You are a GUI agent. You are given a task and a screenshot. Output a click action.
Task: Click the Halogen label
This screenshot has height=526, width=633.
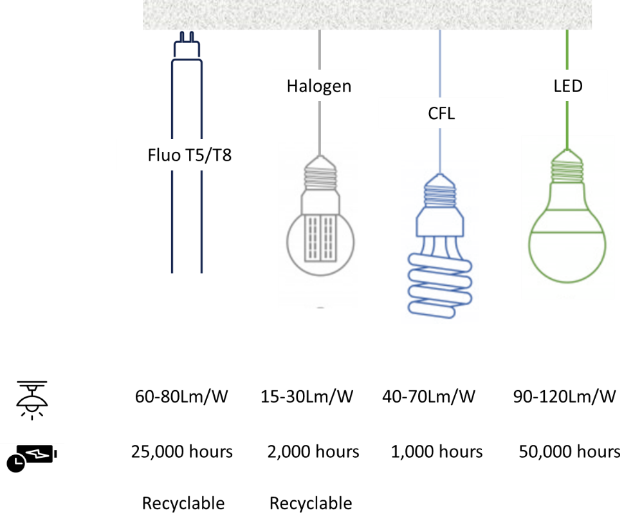[319, 86]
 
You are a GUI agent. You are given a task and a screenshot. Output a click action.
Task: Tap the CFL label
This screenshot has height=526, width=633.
[441, 113]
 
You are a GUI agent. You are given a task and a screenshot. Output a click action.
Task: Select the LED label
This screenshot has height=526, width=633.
[567, 86]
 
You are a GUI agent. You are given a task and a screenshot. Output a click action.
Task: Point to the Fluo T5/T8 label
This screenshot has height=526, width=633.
[189, 155]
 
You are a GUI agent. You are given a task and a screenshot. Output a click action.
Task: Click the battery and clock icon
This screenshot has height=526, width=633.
[32, 458]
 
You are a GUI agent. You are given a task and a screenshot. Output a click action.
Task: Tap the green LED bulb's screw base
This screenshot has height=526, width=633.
[567, 169]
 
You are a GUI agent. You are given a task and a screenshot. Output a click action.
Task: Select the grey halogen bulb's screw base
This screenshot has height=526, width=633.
[319, 175]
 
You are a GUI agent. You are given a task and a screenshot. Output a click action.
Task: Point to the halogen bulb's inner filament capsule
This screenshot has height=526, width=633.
[320, 236]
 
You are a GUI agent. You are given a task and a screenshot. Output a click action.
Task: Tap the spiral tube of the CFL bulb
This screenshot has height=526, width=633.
[441, 283]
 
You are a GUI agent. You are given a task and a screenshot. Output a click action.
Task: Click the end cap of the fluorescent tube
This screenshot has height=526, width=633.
[187, 49]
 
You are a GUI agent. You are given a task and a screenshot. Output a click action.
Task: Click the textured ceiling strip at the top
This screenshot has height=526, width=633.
[367, 14]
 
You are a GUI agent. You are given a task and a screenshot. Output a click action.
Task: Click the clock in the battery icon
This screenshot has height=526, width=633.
[15, 463]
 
